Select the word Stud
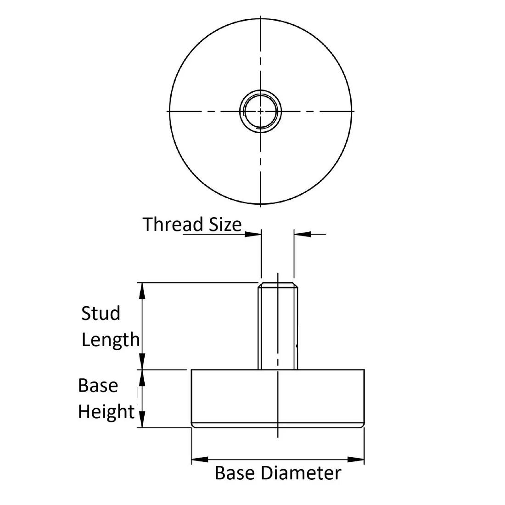pos(101,313)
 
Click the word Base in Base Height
pos(98,385)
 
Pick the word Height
pos(107,412)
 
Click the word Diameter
pos(301,473)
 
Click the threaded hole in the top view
pos(260,111)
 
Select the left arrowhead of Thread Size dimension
pos(253,234)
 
